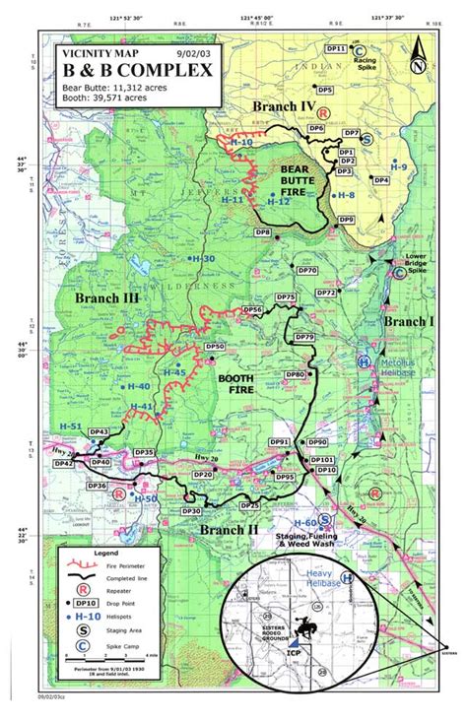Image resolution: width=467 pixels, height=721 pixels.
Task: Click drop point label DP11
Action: pos(334,48)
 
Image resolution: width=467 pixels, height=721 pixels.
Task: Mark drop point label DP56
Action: pos(252,310)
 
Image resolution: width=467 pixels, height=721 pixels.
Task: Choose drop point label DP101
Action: pos(322,460)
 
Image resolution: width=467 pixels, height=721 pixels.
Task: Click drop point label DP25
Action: pos(250,505)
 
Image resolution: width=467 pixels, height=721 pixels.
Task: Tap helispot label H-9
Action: pos(398,167)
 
